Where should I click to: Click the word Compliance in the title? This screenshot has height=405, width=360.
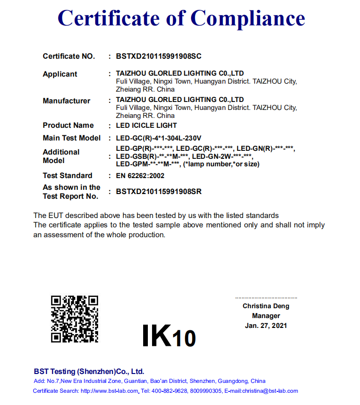[248, 18]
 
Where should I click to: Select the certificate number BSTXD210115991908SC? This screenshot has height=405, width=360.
[159, 56]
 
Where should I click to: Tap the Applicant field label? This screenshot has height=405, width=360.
[60, 74]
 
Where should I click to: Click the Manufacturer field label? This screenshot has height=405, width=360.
[66, 101]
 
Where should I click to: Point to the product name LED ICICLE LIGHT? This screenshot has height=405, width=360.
[146, 125]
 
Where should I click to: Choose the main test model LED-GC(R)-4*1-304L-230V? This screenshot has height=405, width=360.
[159, 138]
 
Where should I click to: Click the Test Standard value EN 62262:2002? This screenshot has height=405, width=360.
[140, 176]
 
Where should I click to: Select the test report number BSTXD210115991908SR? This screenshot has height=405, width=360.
[159, 192]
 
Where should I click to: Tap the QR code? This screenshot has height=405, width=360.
[75, 319]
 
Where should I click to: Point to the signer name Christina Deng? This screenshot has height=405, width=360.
[266, 306]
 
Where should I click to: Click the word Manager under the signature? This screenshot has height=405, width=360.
[266, 316]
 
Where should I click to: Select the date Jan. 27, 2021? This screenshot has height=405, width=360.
[266, 326]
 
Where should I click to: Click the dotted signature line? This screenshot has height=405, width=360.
[266, 298]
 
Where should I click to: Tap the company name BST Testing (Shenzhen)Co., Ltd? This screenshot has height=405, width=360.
[89, 371]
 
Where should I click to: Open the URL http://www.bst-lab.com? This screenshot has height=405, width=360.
[109, 391]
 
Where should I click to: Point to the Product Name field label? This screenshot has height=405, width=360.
[68, 125]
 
